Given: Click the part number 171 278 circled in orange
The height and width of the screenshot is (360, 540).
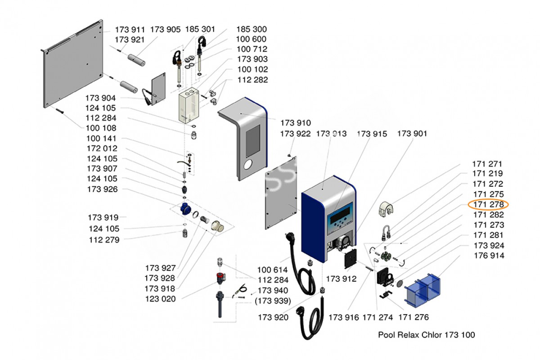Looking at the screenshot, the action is pos(488,204).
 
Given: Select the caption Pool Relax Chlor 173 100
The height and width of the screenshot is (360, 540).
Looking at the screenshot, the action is pos(427,335).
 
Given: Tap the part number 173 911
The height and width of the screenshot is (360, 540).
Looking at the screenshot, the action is pos(130,30).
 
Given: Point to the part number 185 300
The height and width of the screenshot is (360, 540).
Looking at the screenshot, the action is pos(252,29).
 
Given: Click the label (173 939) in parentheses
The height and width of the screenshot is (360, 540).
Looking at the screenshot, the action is pos(273,301).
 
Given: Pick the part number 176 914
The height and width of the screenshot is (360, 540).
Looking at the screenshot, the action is pos(489,255).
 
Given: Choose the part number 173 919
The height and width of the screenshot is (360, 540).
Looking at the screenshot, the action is pos(103,217).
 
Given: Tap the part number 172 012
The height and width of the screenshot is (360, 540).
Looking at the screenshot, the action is pos(102,148).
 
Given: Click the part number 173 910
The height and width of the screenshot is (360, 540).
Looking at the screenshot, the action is pos(296,123).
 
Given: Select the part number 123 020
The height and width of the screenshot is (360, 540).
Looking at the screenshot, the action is pos(160,299).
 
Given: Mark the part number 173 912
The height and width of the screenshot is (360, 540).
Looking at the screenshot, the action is pos(341,279).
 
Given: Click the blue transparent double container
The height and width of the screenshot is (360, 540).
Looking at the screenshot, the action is pos(423,290).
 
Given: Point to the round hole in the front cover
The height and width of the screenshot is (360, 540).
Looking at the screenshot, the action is pos(248,165).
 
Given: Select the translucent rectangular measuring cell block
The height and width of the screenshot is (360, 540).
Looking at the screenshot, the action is pos(189,105).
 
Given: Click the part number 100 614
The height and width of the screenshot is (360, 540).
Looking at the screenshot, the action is pos(272,270).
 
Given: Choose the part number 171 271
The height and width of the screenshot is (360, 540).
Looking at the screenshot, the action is pos(487,164).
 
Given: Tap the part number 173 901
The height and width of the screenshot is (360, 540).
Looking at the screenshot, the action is pos(412,133).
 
